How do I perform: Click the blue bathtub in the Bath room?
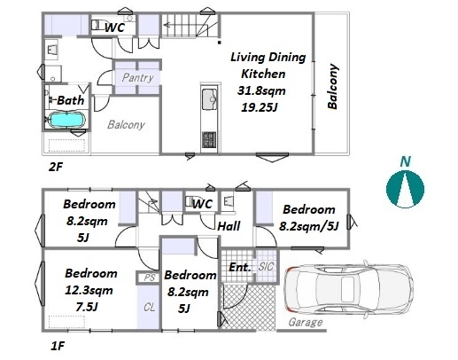tap(66, 120)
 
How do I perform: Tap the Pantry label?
tap(137, 78)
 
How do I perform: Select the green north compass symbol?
tap(405, 189)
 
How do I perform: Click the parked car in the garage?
tap(349, 287)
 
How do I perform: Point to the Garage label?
tap(306, 322)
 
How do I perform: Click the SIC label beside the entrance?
tap(266, 267)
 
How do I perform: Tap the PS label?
tap(150, 278)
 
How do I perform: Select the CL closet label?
tap(149, 308)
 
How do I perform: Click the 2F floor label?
tap(56, 168)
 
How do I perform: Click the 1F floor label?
tap(58, 346)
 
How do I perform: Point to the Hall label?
tap(229, 226)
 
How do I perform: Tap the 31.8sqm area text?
tap(261, 90)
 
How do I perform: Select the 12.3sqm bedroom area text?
tap(89, 290)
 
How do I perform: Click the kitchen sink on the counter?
tap(209, 99)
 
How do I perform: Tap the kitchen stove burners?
tap(209, 140)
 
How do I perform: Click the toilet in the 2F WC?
tap(98, 25)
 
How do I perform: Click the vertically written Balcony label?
tap(332, 86)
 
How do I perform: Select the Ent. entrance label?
tap(240, 267)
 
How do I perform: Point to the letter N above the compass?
tap(406, 162)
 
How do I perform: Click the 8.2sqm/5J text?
tap(308, 226)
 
